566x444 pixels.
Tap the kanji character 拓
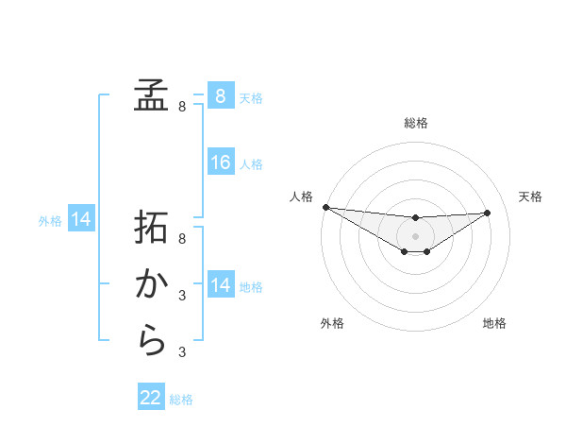(x=151, y=229)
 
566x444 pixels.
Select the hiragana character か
(x=151, y=284)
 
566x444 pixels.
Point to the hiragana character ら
(x=151, y=340)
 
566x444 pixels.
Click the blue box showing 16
(x=221, y=162)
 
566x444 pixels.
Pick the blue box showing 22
(x=151, y=398)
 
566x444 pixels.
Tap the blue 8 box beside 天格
(x=221, y=95)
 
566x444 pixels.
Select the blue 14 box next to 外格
(x=81, y=220)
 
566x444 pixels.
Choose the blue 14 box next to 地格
(x=221, y=285)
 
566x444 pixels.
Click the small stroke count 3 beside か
(x=182, y=296)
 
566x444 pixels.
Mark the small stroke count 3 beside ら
(x=182, y=352)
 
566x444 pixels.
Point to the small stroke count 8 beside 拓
(x=182, y=240)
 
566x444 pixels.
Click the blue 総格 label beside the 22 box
(x=181, y=400)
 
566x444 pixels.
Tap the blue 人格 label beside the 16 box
(x=251, y=164)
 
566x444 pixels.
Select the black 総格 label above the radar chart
(x=415, y=124)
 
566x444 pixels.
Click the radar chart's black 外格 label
(x=332, y=323)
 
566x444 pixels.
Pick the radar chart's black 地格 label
(x=494, y=323)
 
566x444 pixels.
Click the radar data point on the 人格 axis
(x=325, y=207)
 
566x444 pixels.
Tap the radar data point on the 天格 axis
(x=487, y=213)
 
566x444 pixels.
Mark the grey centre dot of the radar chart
(x=415, y=235)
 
